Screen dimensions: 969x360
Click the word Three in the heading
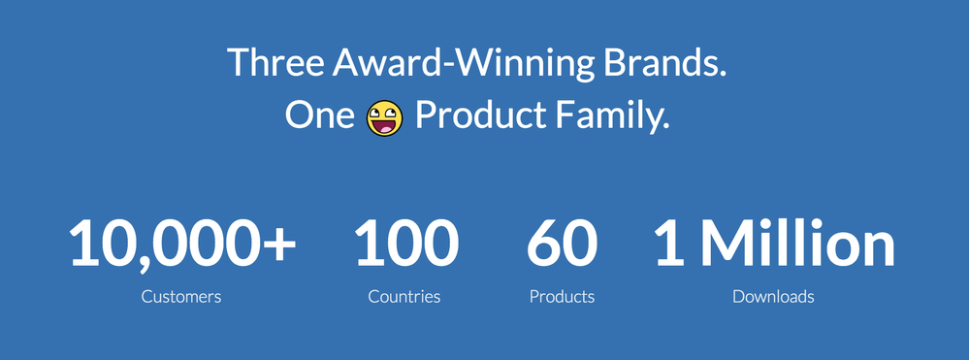click(x=275, y=62)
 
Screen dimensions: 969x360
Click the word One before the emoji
click(x=319, y=115)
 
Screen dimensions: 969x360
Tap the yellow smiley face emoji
click(x=384, y=118)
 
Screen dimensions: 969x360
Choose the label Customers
click(x=181, y=297)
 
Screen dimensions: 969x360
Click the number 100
click(x=406, y=244)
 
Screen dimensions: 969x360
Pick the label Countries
click(x=404, y=297)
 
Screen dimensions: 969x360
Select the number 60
click(x=562, y=244)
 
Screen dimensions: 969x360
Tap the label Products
click(x=562, y=297)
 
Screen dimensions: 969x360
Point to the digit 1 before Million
click(x=670, y=244)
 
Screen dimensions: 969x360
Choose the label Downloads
click(x=773, y=297)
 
